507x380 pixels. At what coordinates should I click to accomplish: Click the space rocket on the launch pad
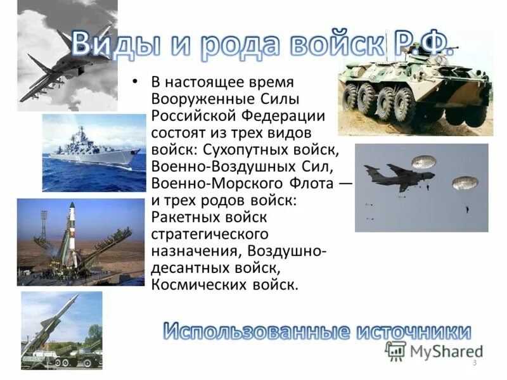pos(72,234)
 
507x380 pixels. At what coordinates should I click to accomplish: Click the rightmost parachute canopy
pos(465,184)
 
